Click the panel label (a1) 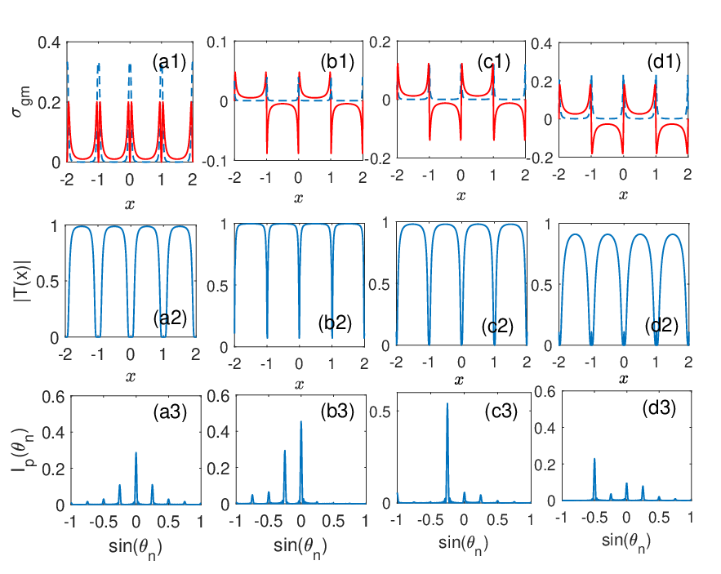(x=169, y=62)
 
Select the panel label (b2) (x=335, y=323)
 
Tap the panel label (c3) (x=501, y=412)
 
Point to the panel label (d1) (x=664, y=61)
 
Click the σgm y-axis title (x=21, y=101)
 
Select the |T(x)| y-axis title (x=22, y=281)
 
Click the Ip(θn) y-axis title (x=20, y=451)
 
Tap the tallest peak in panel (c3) (x=447, y=404)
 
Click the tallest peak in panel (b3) (x=301, y=421)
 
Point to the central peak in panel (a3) (x=136, y=452)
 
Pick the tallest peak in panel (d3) (x=594, y=459)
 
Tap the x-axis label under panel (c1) (x=461, y=195)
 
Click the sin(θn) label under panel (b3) (x=300, y=547)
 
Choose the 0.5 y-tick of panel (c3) (x=380, y=412)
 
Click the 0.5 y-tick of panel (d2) (x=541, y=286)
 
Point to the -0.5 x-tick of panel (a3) (x=103, y=522)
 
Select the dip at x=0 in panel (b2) (x=299, y=337)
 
